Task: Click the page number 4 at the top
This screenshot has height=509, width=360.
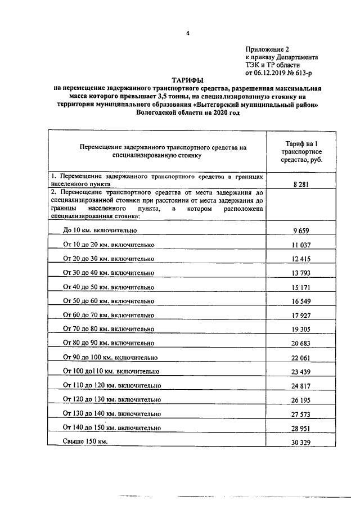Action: point(187,33)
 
